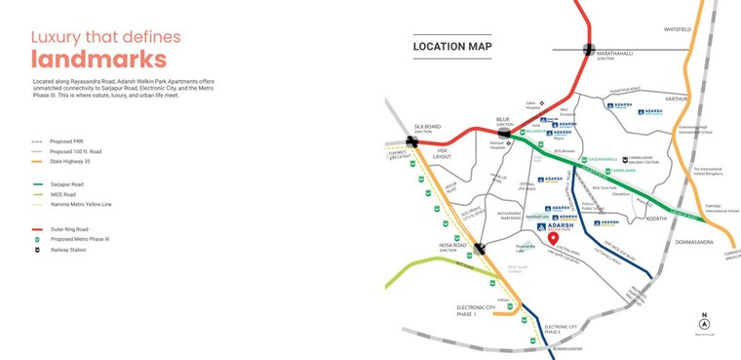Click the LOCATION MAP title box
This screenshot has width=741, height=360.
coord(452,46)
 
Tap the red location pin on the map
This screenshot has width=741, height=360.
coord(553,238)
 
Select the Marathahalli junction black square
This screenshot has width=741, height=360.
coord(589,50)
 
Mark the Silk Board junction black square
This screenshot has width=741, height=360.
coord(414,140)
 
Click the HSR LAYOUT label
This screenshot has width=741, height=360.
coord(442,154)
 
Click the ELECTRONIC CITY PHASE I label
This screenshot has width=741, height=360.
coord(477,311)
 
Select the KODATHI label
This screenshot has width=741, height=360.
coord(656,219)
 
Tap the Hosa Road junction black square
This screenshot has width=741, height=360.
coord(479,249)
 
